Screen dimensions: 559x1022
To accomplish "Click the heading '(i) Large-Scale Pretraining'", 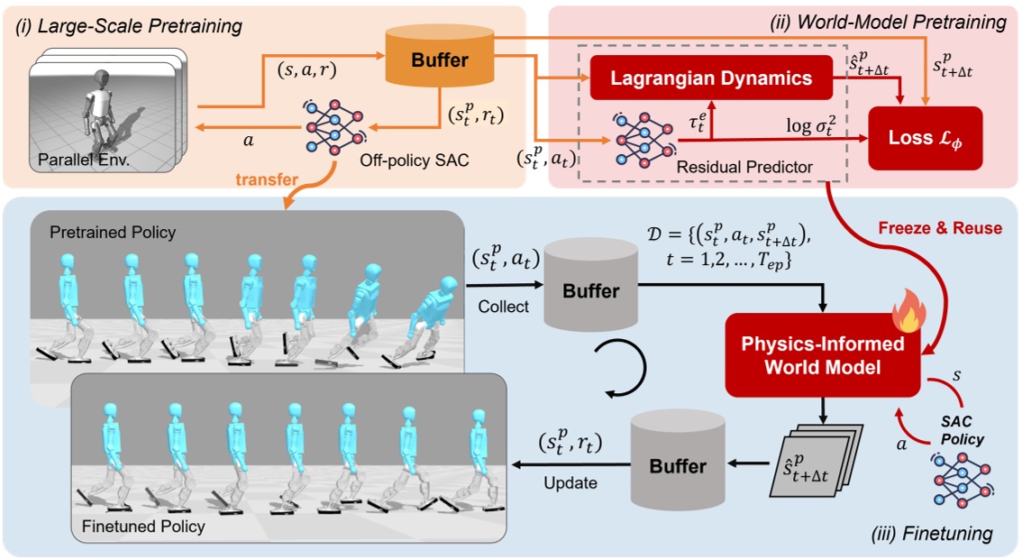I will [x=128, y=25].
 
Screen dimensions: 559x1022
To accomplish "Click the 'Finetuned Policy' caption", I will [x=142, y=526].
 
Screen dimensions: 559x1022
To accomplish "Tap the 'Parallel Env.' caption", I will [x=78, y=162].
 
